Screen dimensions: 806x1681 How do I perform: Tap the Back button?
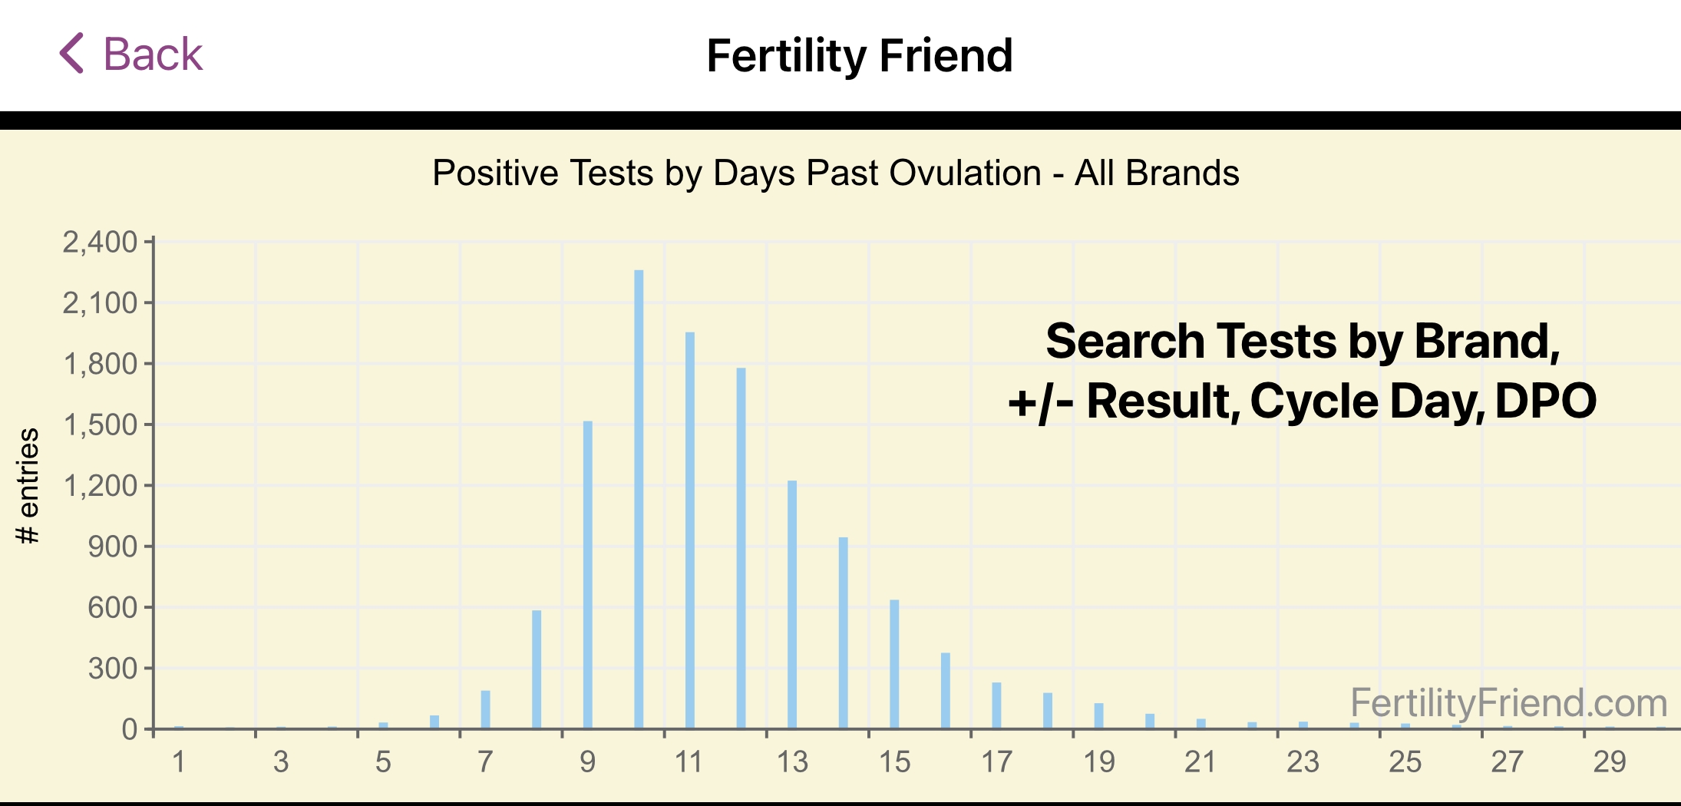130,55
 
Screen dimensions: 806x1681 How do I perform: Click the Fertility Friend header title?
859,56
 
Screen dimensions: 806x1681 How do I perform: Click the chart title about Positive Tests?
835,173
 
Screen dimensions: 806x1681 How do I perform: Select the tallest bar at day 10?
639,499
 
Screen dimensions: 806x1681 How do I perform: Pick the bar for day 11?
690,530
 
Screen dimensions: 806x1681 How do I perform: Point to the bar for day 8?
537,669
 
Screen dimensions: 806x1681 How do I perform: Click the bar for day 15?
894,663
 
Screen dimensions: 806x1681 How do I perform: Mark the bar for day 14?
844,633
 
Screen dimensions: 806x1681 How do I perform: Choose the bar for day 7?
485,709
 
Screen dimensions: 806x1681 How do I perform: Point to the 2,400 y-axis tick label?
100,243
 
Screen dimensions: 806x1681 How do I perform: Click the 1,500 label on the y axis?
100,424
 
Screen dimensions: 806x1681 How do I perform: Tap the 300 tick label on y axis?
112,669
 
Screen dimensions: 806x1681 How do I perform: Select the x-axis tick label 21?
1200,762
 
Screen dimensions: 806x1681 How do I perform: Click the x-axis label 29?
1610,762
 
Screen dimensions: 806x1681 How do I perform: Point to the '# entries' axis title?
28,486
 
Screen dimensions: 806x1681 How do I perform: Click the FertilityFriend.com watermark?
1508,703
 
